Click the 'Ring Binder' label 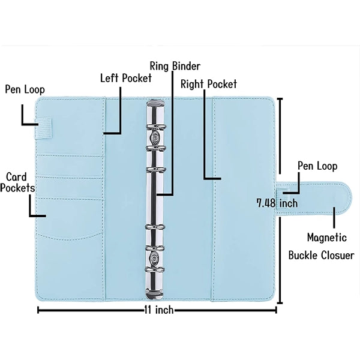(175, 66)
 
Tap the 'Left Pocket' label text (126, 78)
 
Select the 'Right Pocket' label (208, 84)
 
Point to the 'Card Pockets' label (17, 182)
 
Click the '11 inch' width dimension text (159, 310)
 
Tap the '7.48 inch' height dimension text (277, 203)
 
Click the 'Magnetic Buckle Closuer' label (322, 247)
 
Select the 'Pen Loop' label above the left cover (25, 89)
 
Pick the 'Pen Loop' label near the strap (317, 166)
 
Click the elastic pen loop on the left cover (44, 128)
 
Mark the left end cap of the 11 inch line (38, 310)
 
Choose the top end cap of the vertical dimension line (280, 99)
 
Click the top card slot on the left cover (70, 166)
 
